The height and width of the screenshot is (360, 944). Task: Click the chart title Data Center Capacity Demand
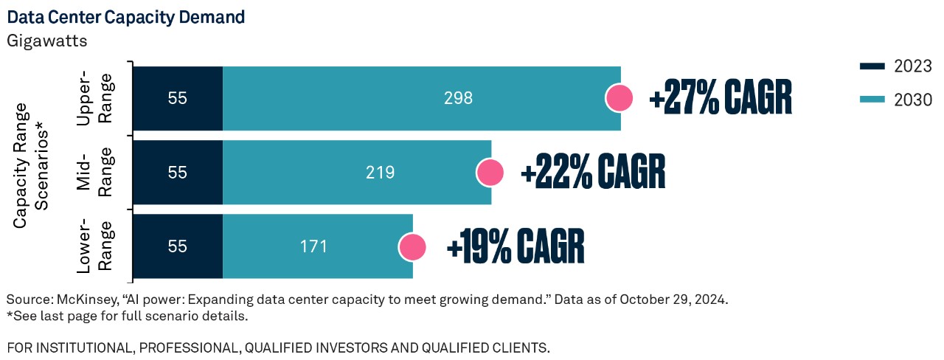[125, 15]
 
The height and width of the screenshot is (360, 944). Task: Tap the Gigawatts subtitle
[47, 41]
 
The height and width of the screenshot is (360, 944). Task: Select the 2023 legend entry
[895, 67]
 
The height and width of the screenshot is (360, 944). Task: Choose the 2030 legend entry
[895, 100]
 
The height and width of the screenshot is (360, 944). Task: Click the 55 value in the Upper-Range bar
[178, 98]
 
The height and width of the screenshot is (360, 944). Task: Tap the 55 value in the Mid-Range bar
[178, 173]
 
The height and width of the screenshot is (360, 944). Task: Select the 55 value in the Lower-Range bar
[178, 246]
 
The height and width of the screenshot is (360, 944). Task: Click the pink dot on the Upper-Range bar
[619, 98]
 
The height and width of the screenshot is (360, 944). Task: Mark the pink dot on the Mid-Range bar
[490, 173]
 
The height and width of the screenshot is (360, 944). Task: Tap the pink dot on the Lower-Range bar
[412, 246]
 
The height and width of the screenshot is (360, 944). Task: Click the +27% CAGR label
[720, 98]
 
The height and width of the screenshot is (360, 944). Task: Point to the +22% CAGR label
[593, 173]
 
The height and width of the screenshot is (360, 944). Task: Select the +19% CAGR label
[515, 246]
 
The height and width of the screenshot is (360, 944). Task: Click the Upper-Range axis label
[95, 98]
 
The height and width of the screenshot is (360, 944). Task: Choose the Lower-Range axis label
[95, 246]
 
